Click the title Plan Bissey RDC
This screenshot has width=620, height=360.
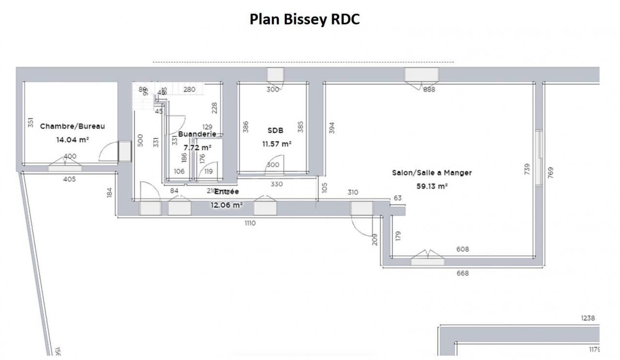point(305,19)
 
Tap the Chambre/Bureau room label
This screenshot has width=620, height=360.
point(72,126)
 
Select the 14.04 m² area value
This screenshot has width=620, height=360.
point(72,139)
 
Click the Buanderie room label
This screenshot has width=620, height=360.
point(197,134)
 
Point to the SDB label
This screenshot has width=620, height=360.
point(275,130)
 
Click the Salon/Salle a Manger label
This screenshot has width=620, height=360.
point(432,172)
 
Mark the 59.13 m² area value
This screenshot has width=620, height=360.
point(432,186)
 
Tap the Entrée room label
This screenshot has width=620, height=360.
point(226,192)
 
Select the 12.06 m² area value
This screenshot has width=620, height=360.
point(226,205)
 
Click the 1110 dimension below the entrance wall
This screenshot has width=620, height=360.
point(250,223)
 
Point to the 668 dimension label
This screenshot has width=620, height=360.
point(463,273)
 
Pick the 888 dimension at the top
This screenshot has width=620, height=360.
point(429,89)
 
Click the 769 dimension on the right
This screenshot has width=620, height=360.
point(550,172)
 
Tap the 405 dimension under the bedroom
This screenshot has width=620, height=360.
point(69,179)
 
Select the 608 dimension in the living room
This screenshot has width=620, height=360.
point(463,250)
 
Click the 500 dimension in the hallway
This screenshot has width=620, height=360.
point(140,141)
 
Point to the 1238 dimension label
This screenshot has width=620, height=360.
point(588,318)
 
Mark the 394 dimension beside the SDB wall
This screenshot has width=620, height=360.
point(331,127)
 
